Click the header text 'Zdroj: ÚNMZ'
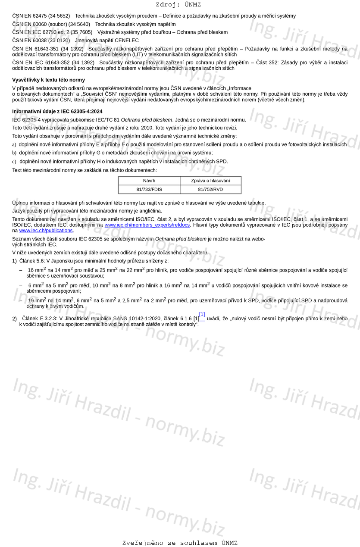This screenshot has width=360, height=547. coord(178,5)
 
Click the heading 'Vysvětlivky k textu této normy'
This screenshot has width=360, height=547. coord(48,80)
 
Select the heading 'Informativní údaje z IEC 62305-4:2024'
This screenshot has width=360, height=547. coord(57,111)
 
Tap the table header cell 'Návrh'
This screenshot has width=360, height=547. coord(149,181)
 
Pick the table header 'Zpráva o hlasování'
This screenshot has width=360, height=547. coord(210,181)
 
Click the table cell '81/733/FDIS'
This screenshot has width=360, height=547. coord(149,189)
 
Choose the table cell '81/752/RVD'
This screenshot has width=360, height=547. coord(210,189)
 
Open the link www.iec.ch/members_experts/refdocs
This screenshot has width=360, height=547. coord(147,225)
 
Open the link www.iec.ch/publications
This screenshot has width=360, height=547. coord(46,231)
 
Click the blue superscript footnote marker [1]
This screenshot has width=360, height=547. coord(202,314)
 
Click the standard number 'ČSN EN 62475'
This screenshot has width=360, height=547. coord(29,16)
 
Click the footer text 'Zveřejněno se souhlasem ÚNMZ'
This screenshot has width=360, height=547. coord(180,543)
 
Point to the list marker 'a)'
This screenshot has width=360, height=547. coord(14,145)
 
